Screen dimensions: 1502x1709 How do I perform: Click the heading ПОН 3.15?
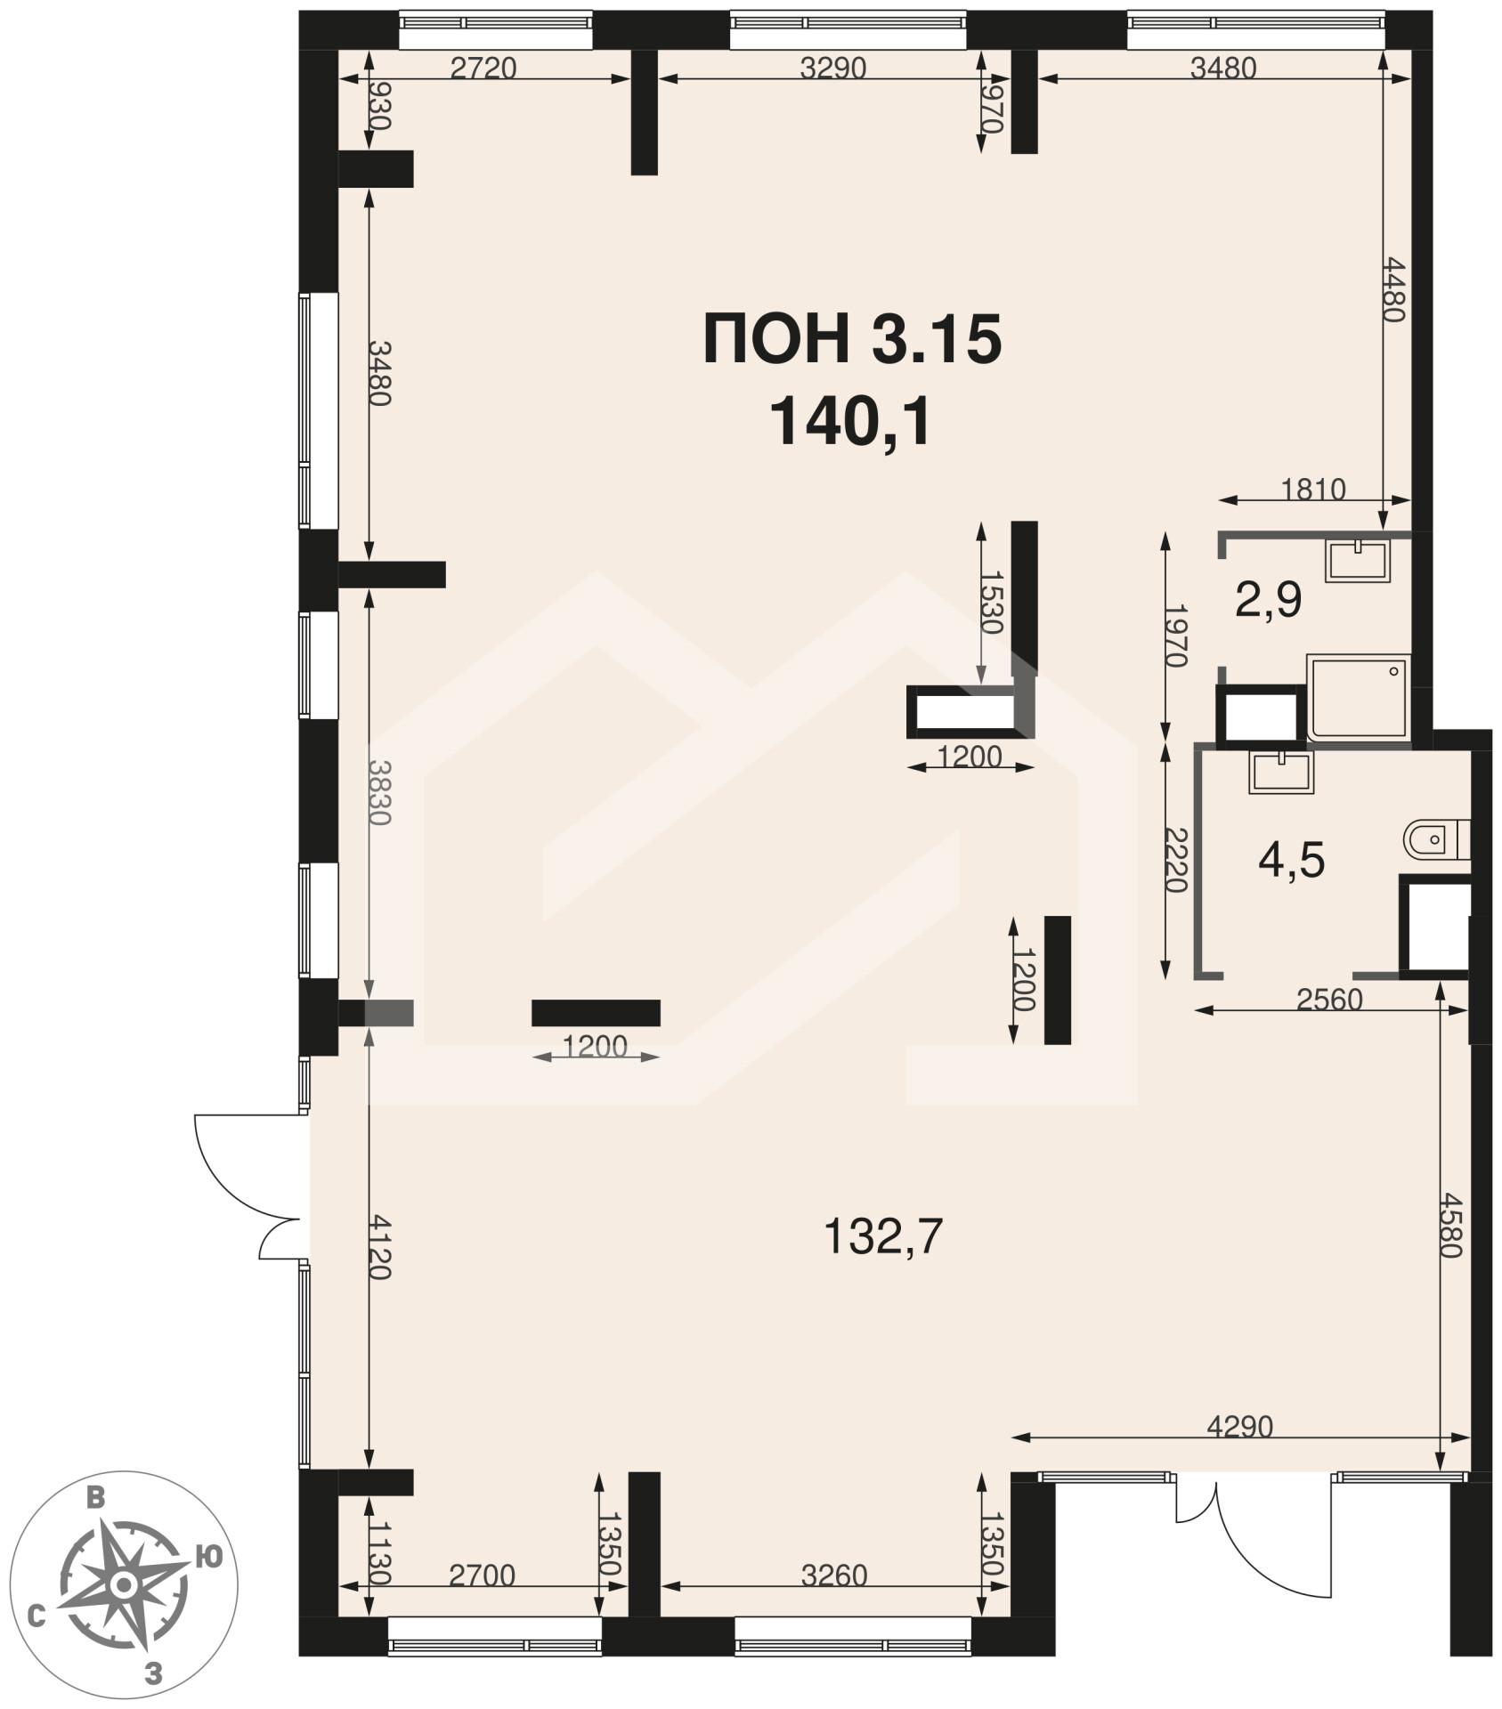(852, 340)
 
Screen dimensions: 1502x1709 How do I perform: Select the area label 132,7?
(882, 1236)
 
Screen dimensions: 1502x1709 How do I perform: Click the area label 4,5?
(1291, 861)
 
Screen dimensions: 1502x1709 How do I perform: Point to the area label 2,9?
(1268, 600)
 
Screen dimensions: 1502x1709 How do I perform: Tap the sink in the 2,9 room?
(1357, 561)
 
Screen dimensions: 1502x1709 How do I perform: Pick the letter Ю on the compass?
(207, 1557)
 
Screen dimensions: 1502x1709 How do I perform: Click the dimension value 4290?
(1240, 1427)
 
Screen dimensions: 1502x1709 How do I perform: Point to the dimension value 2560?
(1329, 1000)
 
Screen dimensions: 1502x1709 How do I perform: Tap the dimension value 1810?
(1313, 490)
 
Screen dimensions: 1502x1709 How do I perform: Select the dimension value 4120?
(379, 1246)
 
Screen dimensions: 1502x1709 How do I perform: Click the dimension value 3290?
(832, 68)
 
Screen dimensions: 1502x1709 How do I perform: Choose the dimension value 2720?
(483, 68)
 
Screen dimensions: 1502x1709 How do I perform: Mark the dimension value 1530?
(991, 602)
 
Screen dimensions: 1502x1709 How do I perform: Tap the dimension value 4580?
(1449, 1225)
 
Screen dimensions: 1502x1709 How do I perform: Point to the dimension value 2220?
(1176, 860)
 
